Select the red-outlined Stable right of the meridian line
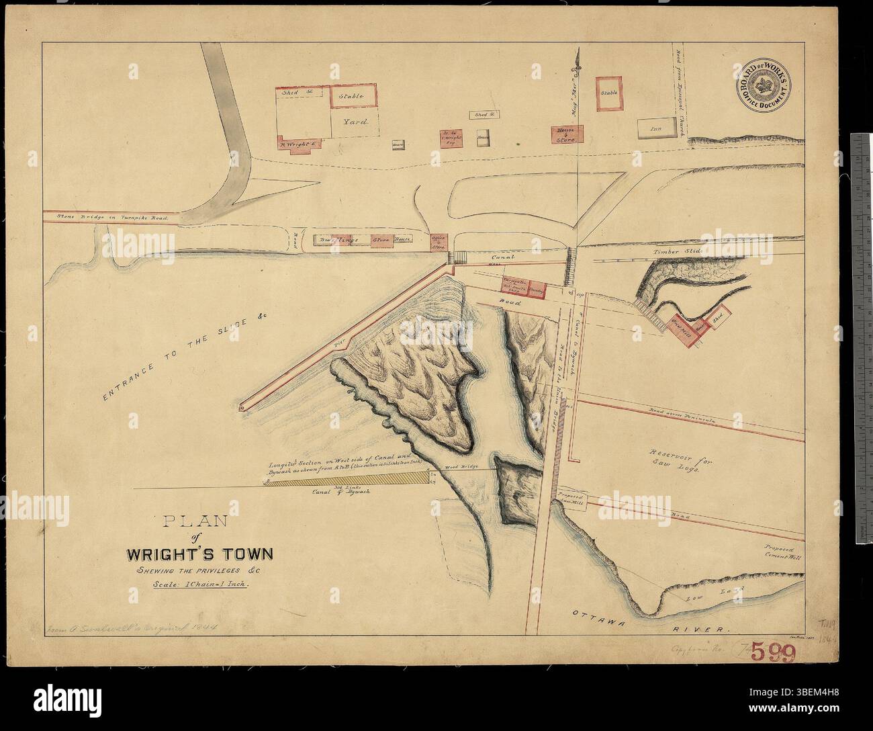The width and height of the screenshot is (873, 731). tap(609, 92)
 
